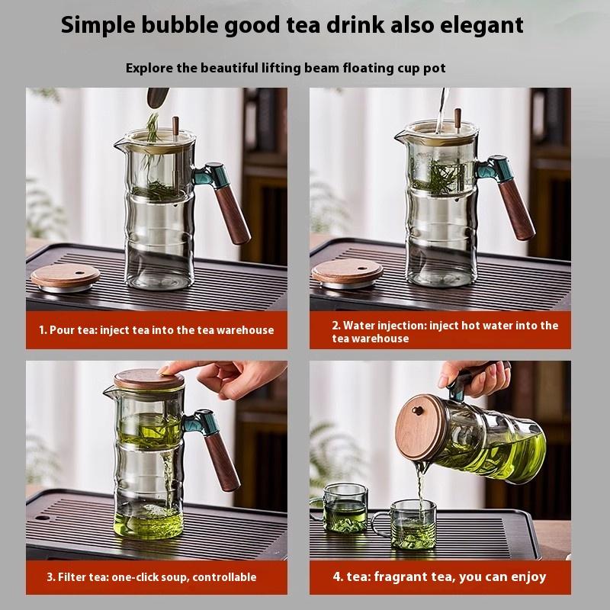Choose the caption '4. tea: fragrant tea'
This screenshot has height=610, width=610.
coord(439,576)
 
